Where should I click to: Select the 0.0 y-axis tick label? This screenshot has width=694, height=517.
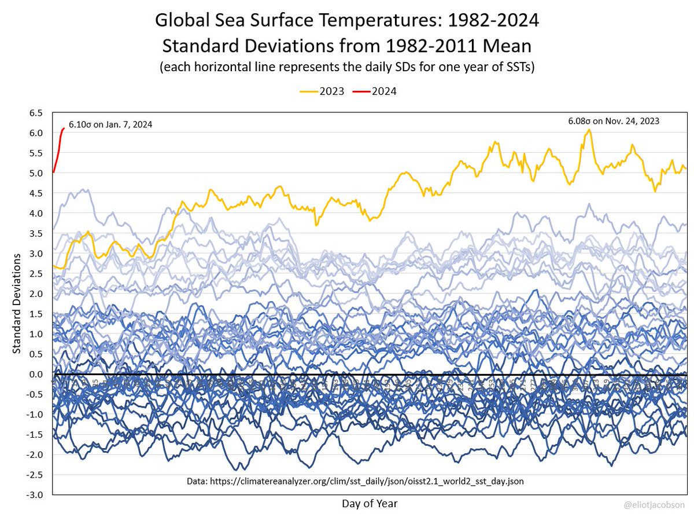pos(36,375)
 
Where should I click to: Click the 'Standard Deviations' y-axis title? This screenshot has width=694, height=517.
pos(17,302)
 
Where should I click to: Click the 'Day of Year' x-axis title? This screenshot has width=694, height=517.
pos(369,503)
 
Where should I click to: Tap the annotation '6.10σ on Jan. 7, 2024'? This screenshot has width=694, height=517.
pos(110,124)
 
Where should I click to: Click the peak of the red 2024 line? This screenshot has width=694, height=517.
pos(63,128)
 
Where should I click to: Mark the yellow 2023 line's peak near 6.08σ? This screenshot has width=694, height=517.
pos(589,130)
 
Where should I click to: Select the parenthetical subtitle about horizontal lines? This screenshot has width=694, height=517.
pos(347,67)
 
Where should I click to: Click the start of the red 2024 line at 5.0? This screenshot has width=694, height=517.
pos(53,172)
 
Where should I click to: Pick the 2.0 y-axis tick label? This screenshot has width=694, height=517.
pos(36,294)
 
